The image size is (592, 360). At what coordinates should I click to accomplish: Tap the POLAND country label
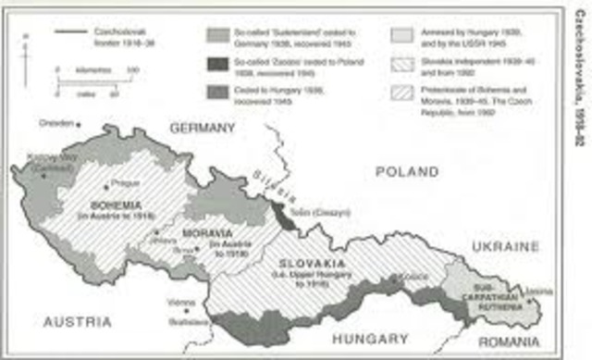(406, 172)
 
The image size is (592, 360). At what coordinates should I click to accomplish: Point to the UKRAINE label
(504, 246)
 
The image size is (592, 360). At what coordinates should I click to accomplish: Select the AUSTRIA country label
(77, 322)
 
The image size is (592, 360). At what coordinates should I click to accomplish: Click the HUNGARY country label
(371, 339)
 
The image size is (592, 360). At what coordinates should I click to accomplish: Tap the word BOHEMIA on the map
(115, 204)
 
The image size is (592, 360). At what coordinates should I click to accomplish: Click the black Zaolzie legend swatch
(218, 63)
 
